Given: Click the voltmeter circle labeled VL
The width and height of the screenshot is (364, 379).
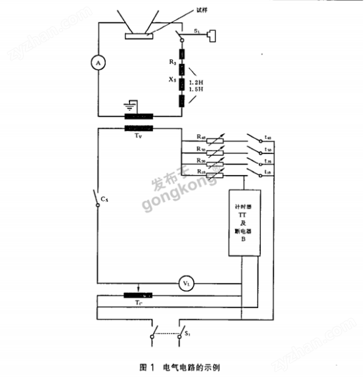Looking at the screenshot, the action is [186, 284].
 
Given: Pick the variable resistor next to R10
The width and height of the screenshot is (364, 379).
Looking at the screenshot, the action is [221, 174].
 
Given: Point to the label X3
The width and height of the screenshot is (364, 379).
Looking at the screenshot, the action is [173, 79].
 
